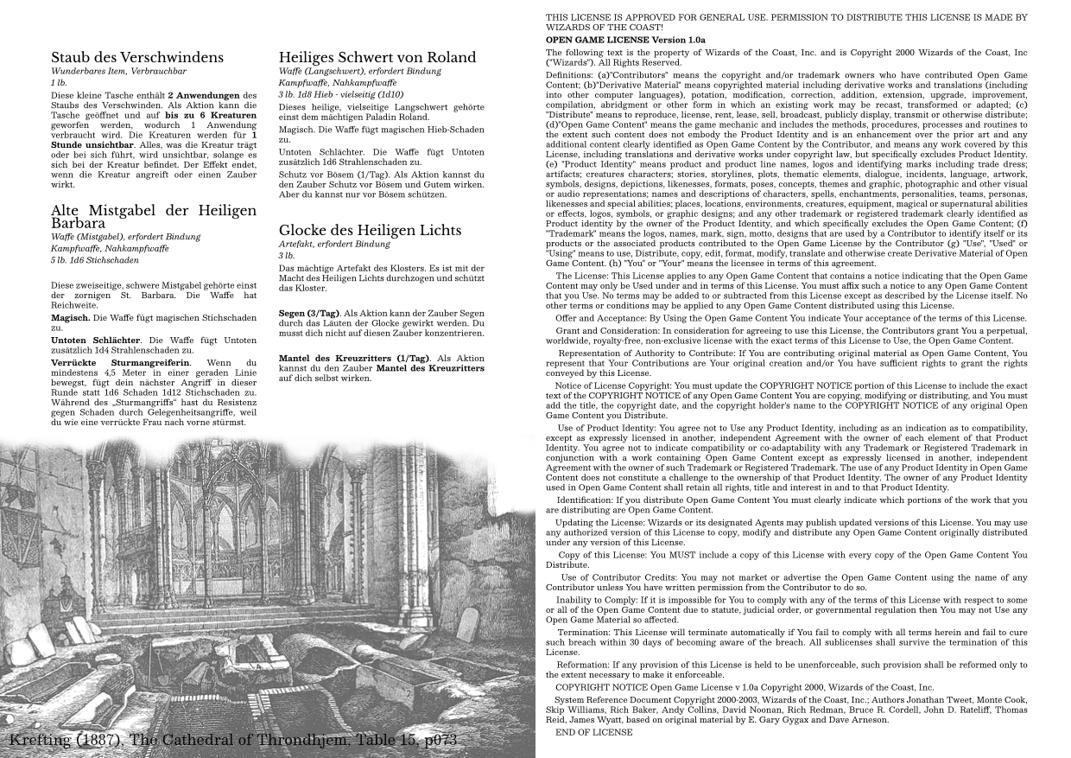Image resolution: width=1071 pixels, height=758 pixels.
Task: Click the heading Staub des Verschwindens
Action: coord(137,58)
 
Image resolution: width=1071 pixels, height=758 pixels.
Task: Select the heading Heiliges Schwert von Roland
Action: coord(377,58)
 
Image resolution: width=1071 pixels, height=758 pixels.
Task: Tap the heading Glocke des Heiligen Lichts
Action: coord(370,231)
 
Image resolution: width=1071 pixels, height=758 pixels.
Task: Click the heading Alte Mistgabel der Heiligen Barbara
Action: coord(154,216)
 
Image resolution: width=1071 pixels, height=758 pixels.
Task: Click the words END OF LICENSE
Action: coord(593,732)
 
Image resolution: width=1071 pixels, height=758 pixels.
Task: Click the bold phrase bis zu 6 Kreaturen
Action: coord(211,115)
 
